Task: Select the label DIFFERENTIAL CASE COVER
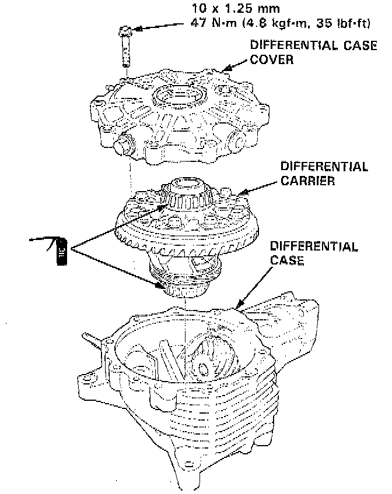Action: coord(311,52)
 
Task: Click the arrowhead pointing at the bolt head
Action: coord(138,28)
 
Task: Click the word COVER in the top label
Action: coord(272,59)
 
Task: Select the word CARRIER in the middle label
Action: coord(308,181)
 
